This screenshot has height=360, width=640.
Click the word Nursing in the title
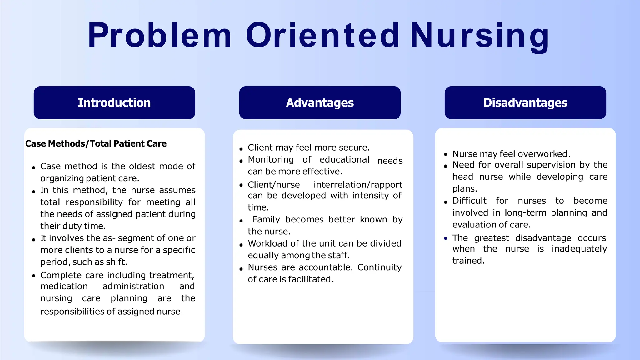tap(480, 36)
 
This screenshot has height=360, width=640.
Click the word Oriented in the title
tap(322, 35)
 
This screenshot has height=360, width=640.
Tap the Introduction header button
tap(114, 103)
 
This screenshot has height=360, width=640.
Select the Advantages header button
tap(320, 103)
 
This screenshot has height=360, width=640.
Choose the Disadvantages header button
tap(525, 103)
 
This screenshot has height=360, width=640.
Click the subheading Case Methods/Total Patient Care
tap(96, 143)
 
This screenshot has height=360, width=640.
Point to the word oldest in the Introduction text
tap(142, 166)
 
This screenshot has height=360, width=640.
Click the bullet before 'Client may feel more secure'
tap(241, 149)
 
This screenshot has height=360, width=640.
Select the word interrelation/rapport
tap(358, 185)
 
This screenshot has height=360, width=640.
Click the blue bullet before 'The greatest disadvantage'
tap(446, 238)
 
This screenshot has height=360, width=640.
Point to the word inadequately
tap(579, 249)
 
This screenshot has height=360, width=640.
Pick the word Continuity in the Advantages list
tap(379, 267)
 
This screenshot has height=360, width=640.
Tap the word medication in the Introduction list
tap(64, 286)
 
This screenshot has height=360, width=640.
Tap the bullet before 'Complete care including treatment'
tap(33, 276)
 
